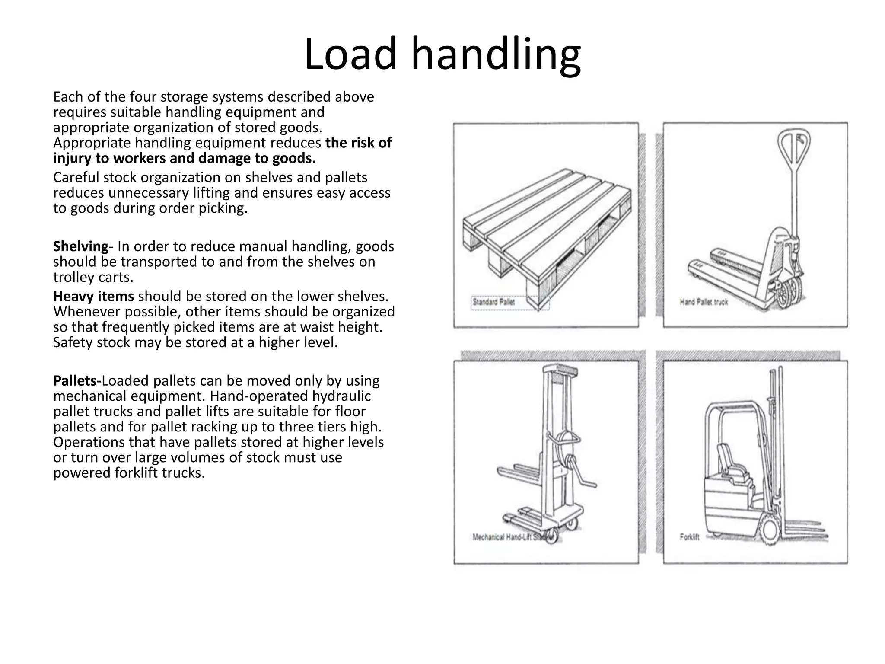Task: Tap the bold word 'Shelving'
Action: (80, 246)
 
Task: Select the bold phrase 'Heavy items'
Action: (93, 296)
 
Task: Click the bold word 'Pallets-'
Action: (77, 381)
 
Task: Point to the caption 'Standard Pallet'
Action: (493, 302)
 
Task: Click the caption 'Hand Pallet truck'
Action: (704, 302)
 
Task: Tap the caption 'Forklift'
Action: (689, 537)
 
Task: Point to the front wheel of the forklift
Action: (770, 531)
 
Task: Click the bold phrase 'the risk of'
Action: (358, 143)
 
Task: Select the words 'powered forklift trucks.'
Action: (128, 473)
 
